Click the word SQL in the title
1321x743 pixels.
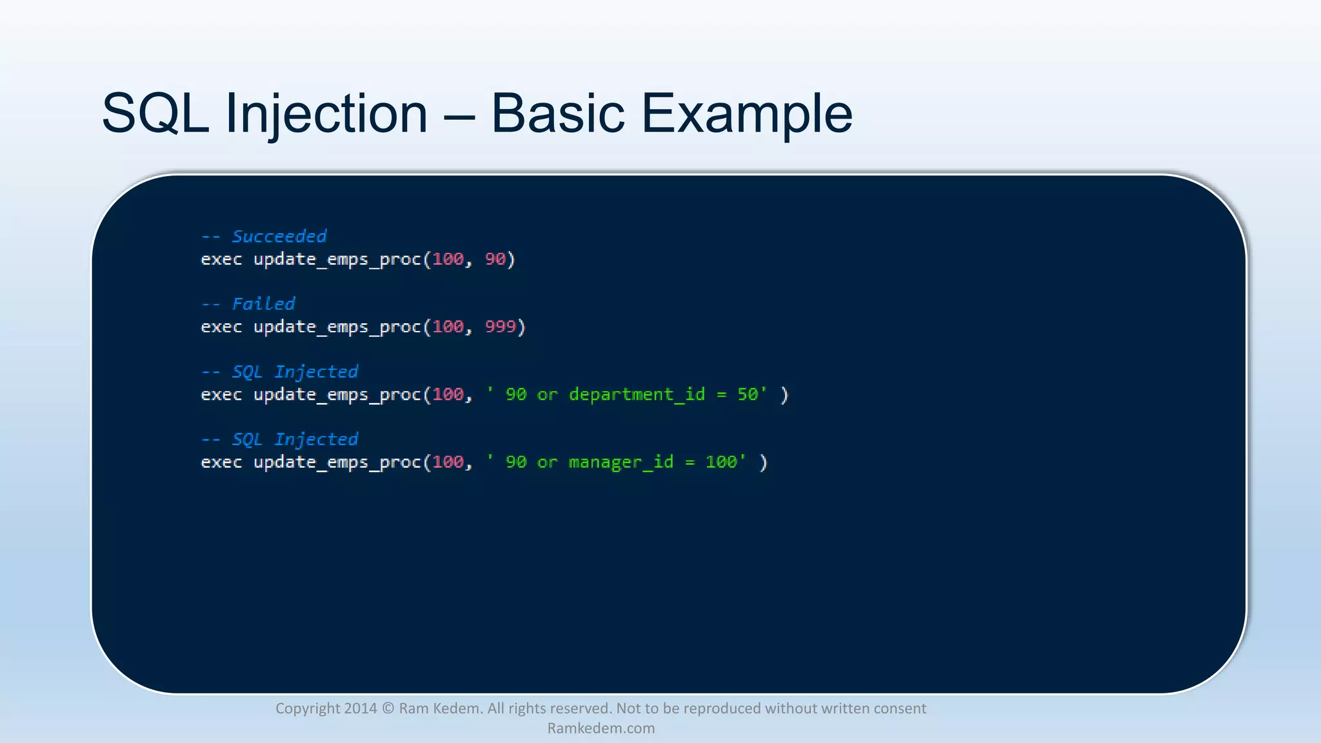(x=155, y=114)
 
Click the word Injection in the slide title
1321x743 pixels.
(x=326, y=114)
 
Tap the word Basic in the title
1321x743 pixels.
(x=557, y=114)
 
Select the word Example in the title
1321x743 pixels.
(x=746, y=114)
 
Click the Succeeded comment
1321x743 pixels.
(x=279, y=237)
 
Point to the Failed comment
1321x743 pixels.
(x=263, y=304)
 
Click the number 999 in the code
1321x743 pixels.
(x=501, y=327)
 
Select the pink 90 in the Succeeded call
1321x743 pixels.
(x=495, y=259)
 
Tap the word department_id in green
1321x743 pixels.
(x=637, y=395)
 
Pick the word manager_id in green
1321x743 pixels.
(x=621, y=462)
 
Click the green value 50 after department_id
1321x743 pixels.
(x=747, y=395)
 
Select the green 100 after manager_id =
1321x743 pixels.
(x=720, y=462)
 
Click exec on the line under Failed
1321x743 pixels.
(x=221, y=327)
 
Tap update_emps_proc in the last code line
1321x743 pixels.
(x=337, y=462)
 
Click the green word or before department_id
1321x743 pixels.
(x=547, y=395)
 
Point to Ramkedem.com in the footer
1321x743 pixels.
(x=601, y=728)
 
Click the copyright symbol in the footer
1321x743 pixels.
(x=388, y=708)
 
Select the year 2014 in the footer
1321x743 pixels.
(x=360, y=708)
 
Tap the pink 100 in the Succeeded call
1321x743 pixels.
(x=448, y=259)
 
